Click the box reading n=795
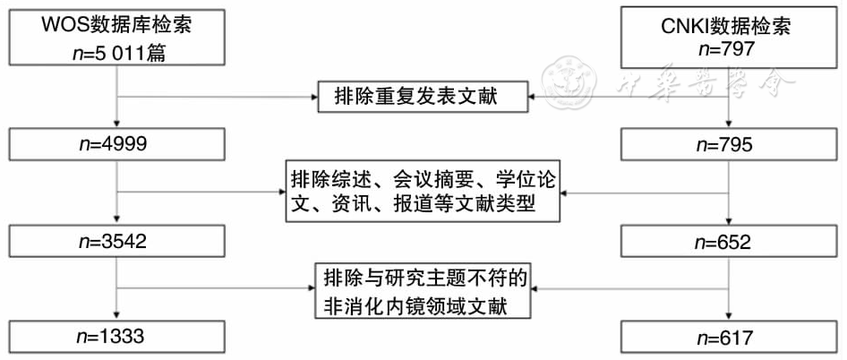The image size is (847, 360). click(x=731, y=144)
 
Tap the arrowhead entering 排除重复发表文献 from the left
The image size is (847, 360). click(x=315, y=96)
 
